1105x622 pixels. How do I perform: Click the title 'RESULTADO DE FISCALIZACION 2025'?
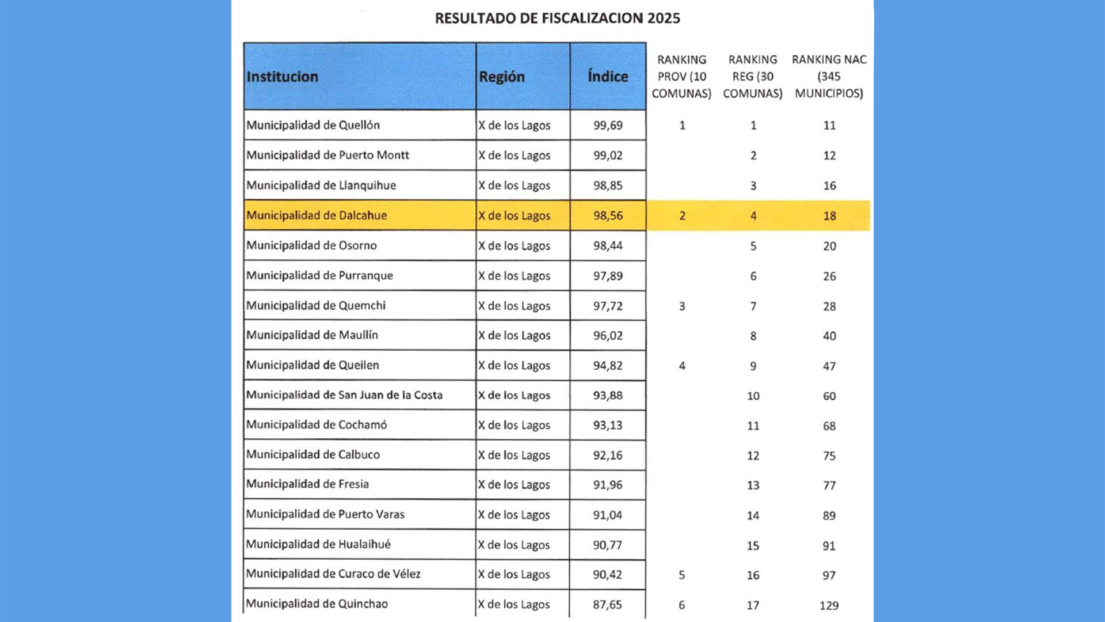pos(557,18)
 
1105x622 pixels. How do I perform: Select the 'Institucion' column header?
pos(282,77)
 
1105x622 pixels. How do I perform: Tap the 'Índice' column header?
pos(608,77)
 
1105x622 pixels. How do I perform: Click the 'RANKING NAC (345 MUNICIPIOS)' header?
pos(829,77)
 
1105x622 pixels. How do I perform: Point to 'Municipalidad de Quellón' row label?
pos(313,125)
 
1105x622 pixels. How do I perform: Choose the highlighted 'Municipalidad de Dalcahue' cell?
pos(317,215)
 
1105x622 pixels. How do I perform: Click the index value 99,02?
pos(608,155)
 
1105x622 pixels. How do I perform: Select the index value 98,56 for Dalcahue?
pos(608,215)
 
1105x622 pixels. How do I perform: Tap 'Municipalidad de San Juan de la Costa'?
pos(344,395)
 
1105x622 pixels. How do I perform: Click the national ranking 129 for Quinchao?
pos(829,605)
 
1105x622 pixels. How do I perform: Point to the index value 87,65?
pos(608,605)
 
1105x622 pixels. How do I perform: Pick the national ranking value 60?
pos(829,396)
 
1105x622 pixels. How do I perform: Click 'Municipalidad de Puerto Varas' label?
pos(325,514)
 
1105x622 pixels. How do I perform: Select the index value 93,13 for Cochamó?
pos(608,425)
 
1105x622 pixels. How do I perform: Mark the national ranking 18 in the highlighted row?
pos(829,216)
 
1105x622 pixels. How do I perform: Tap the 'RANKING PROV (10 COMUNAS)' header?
pos(681,77)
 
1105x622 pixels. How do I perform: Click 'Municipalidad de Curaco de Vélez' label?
pos(333,574)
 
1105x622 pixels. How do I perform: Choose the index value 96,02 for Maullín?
pos(608,336)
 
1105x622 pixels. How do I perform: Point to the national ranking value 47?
pos(829,366)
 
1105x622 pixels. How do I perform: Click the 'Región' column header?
pos(501,77)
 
